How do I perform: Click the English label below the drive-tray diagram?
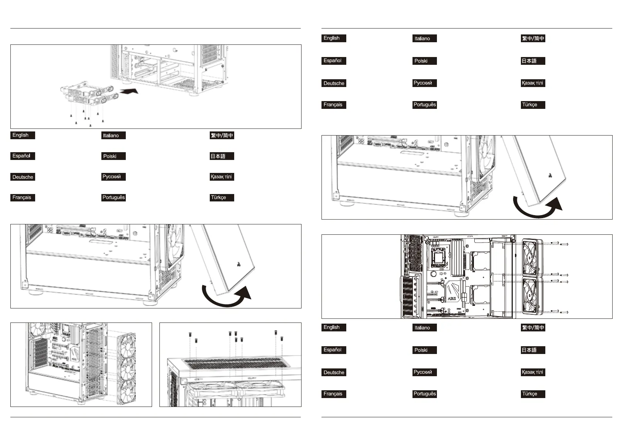[23, 135]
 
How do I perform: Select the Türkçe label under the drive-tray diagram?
[222, 197]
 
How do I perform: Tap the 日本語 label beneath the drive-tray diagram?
[222, 156]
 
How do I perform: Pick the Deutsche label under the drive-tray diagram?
[23, 177]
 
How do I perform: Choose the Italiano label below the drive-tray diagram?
[114, 136]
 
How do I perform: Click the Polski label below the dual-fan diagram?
[424, 350]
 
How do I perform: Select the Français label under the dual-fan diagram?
[334, 394]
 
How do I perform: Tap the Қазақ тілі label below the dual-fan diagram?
[533, 372]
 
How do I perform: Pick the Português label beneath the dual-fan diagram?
[425, 394]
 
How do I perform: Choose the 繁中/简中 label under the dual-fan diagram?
[533, 328]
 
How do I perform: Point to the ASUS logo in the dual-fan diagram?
[452, 298]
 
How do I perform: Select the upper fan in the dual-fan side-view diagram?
[532, 257]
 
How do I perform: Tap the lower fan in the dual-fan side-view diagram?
[532, 296]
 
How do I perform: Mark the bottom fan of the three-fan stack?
[127, 391]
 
